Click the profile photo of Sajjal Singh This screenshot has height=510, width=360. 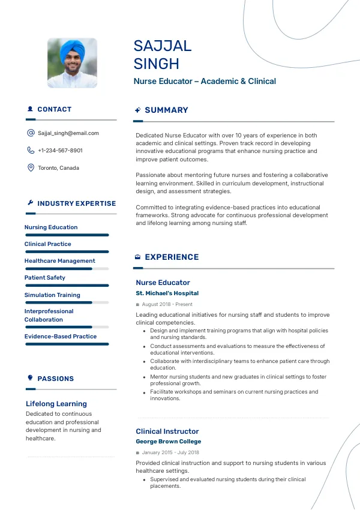pos(72,64)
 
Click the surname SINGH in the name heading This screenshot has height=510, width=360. pos(157,64)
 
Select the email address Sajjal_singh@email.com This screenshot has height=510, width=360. pos(68,133)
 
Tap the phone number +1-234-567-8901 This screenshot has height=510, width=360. pos(60,151)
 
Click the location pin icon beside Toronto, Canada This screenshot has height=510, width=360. pos(31,168)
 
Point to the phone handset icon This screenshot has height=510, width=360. pos(31,151)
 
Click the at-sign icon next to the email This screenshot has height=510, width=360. pos(31,133)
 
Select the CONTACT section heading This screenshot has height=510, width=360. pos(54,110)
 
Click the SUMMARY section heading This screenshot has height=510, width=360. pos(166,110)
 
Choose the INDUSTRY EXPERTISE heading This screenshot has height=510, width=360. pos(76,203)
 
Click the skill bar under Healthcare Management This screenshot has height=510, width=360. pos(67,269)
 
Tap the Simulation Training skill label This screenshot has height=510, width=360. pos(52,295)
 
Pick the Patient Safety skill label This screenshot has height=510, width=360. pos(45,278)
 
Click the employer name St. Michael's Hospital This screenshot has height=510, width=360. pos(167,293)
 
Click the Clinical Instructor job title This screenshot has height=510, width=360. pos(167,431)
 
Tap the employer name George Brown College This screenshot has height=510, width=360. pos(168,442)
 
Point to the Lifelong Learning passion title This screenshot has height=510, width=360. pos(56,404)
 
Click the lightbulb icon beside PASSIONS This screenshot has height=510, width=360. pos(31,378)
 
